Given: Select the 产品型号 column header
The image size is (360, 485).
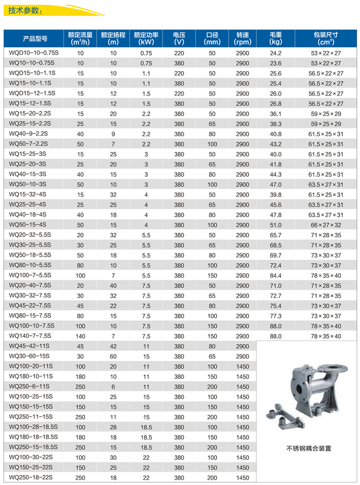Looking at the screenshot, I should (35, 38).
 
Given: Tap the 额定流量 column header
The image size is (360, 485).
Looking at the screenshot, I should (80, 38).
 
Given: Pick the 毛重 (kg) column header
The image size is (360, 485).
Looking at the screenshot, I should (275, 38).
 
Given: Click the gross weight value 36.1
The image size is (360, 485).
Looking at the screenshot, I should (275, 114).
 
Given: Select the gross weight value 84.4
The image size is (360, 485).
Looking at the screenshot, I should (275, 275).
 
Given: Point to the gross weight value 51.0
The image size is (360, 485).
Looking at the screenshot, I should (275, 224).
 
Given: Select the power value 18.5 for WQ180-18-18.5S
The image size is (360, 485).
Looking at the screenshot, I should (146, 437).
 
